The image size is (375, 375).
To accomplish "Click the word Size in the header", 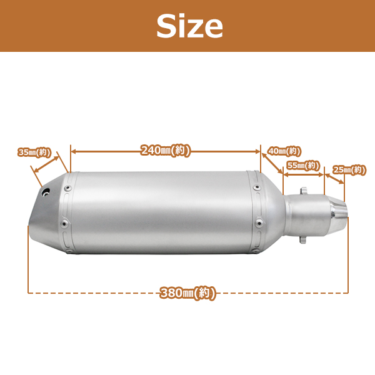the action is pos(189,26).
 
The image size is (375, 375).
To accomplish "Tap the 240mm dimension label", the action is pos(166,151).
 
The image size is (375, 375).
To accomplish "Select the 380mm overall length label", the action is pos(187,293).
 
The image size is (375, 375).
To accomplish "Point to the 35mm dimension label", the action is pos(34,152).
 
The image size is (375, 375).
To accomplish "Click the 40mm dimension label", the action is pos(284,151).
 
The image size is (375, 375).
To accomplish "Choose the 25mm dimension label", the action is pos(349,170).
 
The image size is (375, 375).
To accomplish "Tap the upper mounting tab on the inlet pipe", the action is pos(303,191).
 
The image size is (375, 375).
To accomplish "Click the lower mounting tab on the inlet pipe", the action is pos(302,239).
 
